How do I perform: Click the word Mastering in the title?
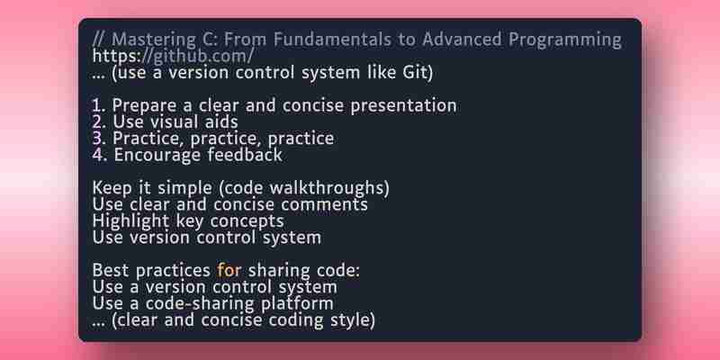pyautogui.click(x=152, y=40)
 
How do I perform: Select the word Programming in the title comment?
pyautogui.click(x=565, y=40)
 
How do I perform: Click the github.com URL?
pyautogui.click(x=173, y=56)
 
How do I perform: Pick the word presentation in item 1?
pyautogui.click(x=403, y=106)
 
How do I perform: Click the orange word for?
pyautogui.click(x=229, y=271)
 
